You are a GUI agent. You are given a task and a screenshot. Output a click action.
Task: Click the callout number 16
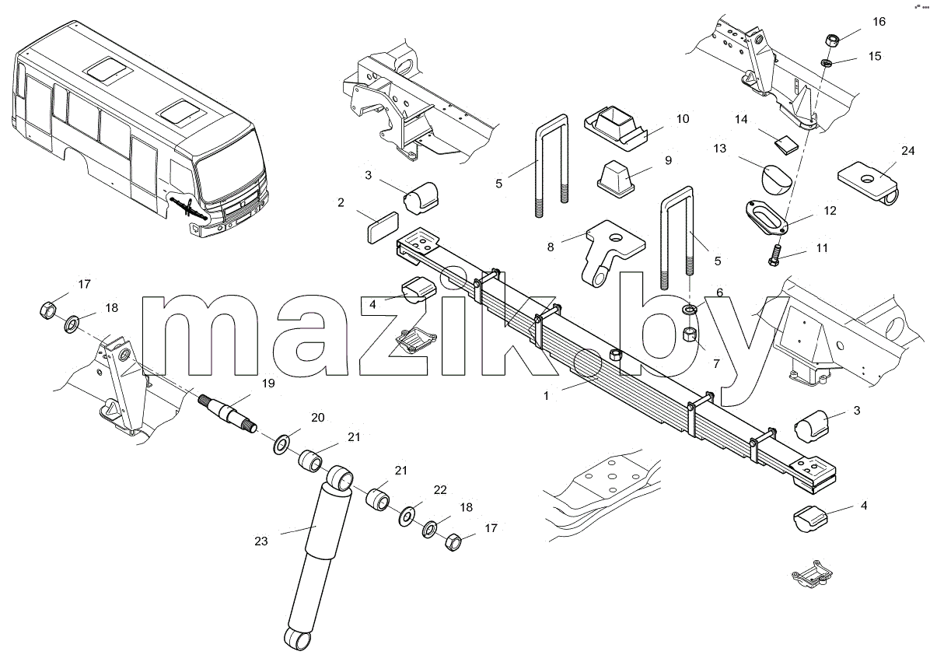[x=879, y=22]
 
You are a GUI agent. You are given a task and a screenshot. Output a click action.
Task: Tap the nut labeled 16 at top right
[x=830, y=41]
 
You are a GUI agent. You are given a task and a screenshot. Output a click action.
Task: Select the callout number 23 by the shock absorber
[x=261, y=541]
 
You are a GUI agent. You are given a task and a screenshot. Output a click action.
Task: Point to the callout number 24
[x=908, y=151]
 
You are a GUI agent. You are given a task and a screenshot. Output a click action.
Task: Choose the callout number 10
[x=683, y=119]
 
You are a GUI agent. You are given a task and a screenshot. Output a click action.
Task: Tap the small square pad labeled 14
[x=785, y=144]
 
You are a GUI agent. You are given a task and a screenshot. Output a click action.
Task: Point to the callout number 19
[x=268, y=384]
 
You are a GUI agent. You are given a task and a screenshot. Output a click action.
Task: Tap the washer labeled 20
[x=281, y=443]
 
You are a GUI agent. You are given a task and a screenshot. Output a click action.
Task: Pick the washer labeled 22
[x=407, y=515]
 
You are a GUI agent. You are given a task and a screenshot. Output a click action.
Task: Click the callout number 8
[x=551, y=247]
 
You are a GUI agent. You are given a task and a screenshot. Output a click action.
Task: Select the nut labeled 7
[x=691, y=334]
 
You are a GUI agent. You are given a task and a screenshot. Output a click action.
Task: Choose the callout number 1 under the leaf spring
[x=546, y=396]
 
